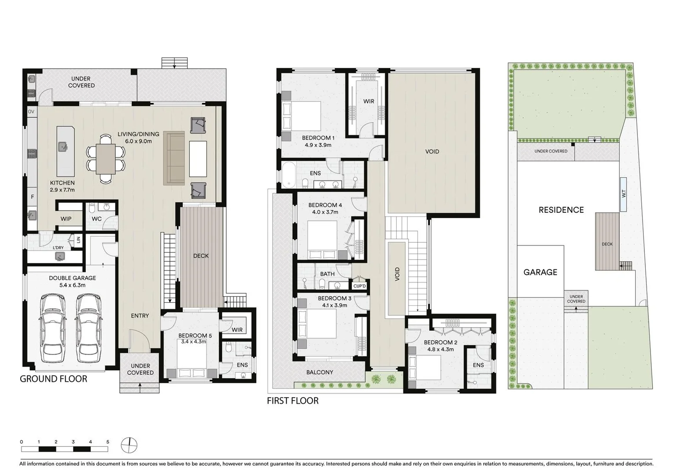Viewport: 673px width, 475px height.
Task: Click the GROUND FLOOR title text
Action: coord(53,379)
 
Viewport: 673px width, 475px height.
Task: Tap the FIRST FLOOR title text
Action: coord(292,401)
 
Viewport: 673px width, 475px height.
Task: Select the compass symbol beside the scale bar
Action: coord(129,445)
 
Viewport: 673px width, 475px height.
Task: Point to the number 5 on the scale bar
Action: coord(108,442)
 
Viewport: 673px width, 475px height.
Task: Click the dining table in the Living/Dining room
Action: coord(106,159)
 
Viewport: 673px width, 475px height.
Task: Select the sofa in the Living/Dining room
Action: coord(174,158)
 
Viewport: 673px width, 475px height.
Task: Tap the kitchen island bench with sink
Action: coord(66,151)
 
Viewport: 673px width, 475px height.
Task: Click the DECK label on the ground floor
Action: coord(201,256)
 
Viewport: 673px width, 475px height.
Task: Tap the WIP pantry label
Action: coord(66,219)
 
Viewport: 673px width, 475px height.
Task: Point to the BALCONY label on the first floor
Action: coord(320,372)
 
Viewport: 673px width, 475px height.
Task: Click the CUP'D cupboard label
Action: coord(360,286)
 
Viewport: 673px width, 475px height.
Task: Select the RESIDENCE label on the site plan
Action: coord(561,210)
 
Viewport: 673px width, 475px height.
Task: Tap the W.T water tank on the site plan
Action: coord(623,194)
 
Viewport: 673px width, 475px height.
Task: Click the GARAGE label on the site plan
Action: coord(540,272)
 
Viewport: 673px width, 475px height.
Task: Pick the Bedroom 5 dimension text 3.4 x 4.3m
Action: coord(194,341)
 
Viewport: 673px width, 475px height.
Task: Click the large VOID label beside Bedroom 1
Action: coord(432,151)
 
